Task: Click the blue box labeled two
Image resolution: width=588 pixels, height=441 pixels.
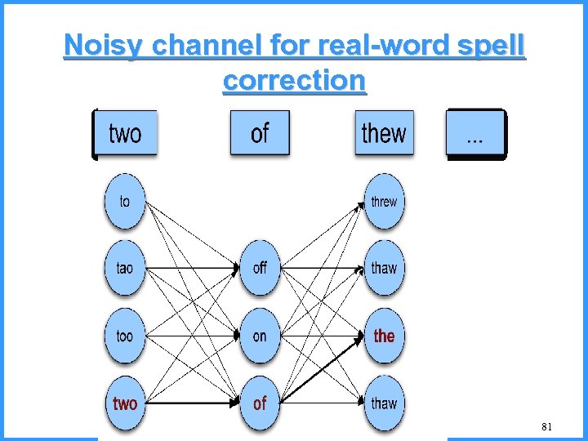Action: [x=125, y=133]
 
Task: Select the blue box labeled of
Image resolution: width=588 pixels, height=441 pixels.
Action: [x=260, y=133]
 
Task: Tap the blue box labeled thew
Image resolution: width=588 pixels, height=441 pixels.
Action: [x=384, y=133]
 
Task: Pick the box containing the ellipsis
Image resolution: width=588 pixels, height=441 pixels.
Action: [x=474, y=133]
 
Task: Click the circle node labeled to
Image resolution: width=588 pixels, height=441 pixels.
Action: [x=124, y=201]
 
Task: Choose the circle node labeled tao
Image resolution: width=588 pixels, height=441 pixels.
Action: [x=124, y=268]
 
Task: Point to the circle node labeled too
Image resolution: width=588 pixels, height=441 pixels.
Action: [x=124, y=336]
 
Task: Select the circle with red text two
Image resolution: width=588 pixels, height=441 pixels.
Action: [x=124, y=403]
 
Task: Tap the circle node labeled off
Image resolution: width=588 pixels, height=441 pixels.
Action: [x=260, y=268]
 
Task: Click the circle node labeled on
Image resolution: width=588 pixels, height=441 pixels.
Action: [x=260, y=336]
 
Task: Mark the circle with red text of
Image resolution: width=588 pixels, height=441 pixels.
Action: [x=260, y=403]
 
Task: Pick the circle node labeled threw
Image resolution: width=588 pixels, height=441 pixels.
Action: [x=384, y=201]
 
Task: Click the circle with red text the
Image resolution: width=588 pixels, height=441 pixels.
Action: [x=384, y=336]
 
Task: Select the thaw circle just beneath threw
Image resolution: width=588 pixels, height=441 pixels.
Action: [x=384, y=268]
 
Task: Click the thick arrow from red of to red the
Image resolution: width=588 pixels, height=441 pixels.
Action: [x=323, y=370]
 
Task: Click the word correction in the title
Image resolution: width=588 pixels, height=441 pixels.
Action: [x=294, y=80]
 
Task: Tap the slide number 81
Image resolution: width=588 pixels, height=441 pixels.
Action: [x=546, y=427]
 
